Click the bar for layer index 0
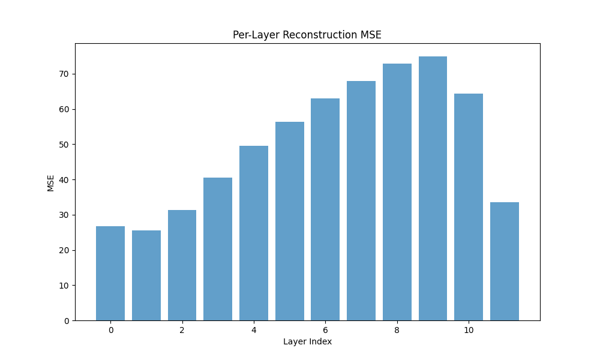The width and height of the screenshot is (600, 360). pyautogui.click(x=110, y=273)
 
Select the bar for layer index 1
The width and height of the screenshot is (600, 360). pyautogui.click(x=146, y=275)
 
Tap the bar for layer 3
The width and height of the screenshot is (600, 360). pyautogui.click(x=218, y=249)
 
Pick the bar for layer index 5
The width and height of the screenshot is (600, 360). pyautogui.click(x=290, y=221)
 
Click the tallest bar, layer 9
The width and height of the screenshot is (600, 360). pyautogui.click(x=433, y=188)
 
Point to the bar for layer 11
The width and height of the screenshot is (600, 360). pyautogui.click(x=505, y=261)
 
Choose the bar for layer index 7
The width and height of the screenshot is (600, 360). pyautogui.click(x=361, y=201)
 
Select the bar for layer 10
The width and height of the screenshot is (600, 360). pyautogui.click(x=469, y=207)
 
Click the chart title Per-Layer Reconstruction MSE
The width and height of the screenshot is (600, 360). pyautogui.click(x=307, y=35)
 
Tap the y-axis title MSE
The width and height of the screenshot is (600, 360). pyautogui.click(x=50, y=183)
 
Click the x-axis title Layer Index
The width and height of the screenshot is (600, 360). pyautogui.click(x=307, y=341)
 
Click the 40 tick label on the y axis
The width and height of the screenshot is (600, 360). pyautogui.click(x=65, y=180)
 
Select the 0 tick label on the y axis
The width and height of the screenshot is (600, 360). pyautogui.click(x=67, y=321)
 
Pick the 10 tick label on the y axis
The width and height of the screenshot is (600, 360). pyautogui.click(x=65, y=286)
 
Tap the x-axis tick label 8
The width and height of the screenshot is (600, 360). pyautogui.click(x=397, y=330)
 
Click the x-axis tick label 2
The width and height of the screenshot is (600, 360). pyautogui.click(x=182, y=330)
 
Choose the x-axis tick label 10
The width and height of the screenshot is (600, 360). pyautogui.click(x=469, y=330)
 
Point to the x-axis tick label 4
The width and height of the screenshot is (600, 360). pyautogui.click(x=254, y=330)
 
